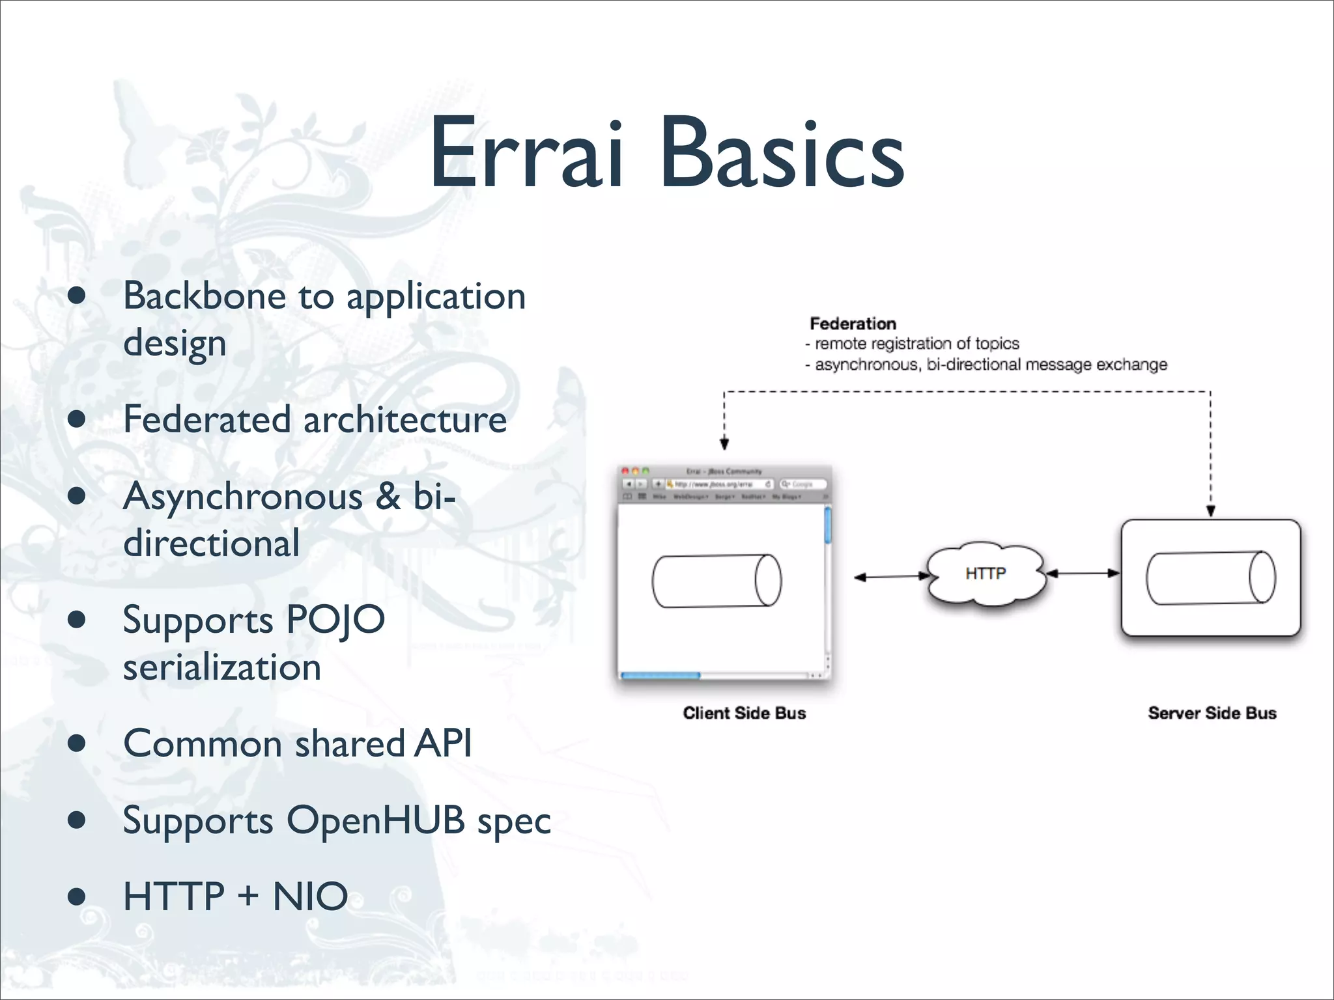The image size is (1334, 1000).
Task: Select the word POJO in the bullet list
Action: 335,619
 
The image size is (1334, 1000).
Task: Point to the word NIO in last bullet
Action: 310,896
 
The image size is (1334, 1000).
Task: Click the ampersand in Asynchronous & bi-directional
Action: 388,497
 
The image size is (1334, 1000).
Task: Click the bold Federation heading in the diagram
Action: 853,324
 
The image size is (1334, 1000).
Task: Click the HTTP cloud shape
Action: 986,574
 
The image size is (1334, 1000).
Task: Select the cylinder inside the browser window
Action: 717,581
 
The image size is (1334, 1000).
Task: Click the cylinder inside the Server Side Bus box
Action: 1210,577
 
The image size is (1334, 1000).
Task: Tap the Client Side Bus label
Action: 744,713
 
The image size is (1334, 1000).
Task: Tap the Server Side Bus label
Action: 1212,713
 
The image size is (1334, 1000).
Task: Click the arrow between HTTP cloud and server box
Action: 1083,574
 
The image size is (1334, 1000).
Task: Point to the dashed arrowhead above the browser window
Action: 724,444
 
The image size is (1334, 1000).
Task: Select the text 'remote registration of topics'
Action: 916,344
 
